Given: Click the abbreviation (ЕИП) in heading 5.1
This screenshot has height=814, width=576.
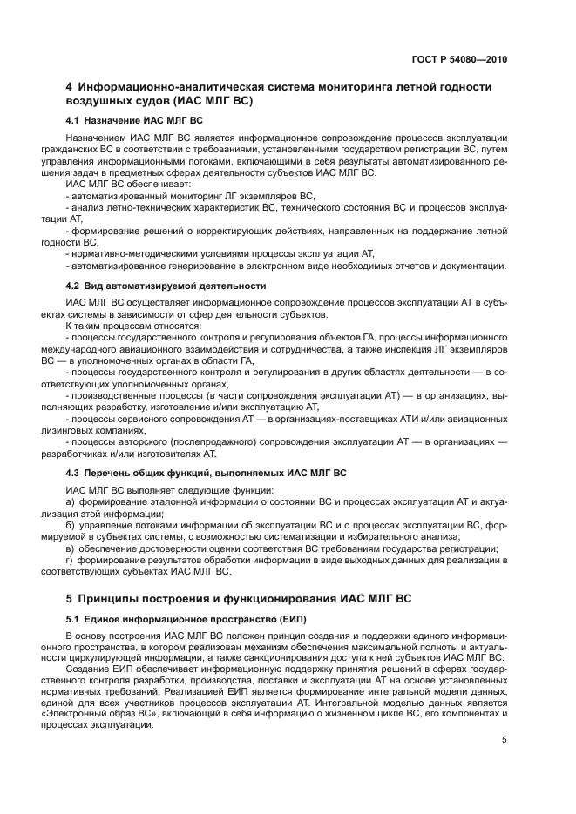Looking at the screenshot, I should [292, 617].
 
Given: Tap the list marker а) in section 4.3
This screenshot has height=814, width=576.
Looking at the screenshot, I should [71, 502].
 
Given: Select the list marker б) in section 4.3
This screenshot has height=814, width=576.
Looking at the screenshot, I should [71, 525].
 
